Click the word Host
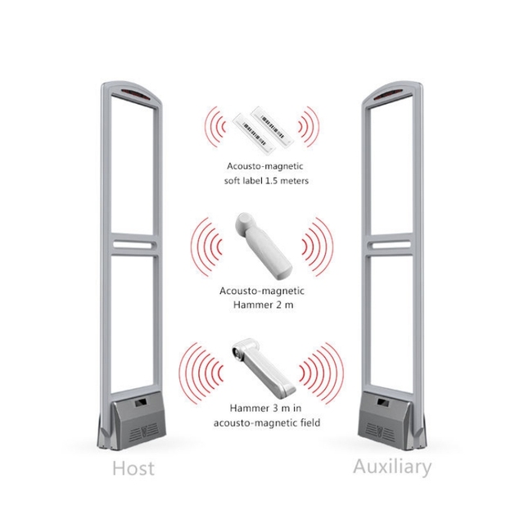point(132,469)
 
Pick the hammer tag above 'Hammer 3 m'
point(261,365)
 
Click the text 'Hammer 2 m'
point(261,305)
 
